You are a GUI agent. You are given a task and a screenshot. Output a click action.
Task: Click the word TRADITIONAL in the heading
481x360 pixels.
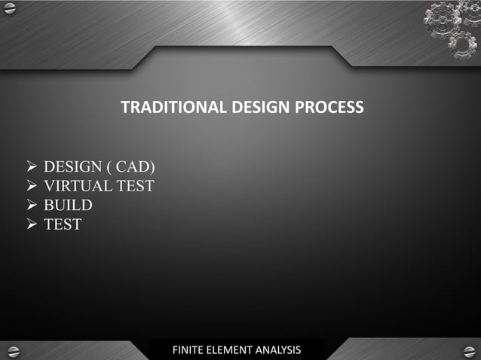pyautogui.click(x=172, y=108)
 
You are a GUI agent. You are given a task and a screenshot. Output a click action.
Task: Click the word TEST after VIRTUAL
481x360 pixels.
pyautogui.click(x=136, y=185)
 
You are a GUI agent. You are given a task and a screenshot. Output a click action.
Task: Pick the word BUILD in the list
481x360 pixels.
pyautogui.click(x=68, y=205)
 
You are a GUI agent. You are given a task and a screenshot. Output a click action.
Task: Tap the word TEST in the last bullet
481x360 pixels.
pyautogui.click(x=63, y=224)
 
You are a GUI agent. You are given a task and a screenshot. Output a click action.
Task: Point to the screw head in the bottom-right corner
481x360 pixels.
pyautogui.click(x=470, y=351)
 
